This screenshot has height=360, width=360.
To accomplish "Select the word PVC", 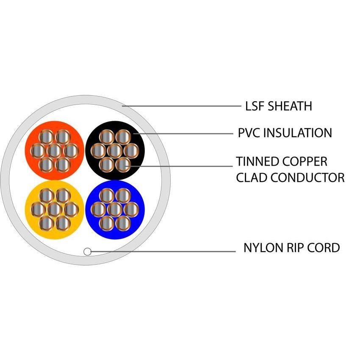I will click(x=249, y=133).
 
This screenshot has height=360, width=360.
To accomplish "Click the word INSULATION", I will click(x=298, y=133).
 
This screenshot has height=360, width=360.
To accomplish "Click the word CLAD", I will click(x=252, y=177).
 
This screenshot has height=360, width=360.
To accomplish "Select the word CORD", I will click(x=324, y=248).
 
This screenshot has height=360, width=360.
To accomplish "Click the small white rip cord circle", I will click(x=87, y=252).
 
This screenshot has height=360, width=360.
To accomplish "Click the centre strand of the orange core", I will click(x=54, y=150).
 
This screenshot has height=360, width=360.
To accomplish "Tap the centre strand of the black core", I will click(x=115, y=150).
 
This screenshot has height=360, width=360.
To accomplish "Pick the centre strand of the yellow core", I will click(x=54, y=209).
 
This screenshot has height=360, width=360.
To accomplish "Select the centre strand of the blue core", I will click(x=115, y=209).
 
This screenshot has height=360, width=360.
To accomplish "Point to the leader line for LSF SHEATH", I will click(x=182, y=106).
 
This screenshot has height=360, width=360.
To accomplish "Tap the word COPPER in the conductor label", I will click(x=305, y=161).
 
